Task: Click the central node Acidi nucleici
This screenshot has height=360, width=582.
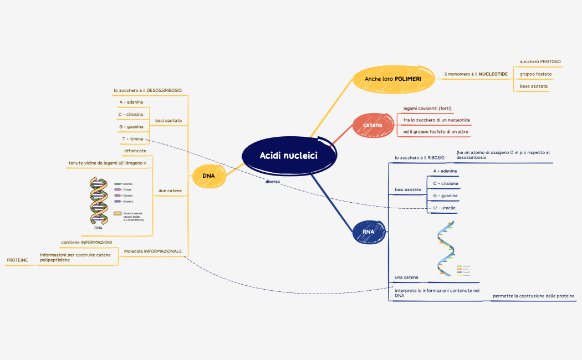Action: [289, 156]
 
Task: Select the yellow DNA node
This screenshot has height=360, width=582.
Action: [208, 176]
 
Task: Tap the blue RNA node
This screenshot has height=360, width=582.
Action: [368, 232]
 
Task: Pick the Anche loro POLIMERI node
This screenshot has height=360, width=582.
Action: [392, 79]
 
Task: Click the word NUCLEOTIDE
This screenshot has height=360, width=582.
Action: [493, 74]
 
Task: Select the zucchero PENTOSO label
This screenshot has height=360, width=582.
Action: [540, 61]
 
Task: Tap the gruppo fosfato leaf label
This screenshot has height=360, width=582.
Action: [535, 74]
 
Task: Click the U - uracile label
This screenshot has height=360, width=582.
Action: [445, 208]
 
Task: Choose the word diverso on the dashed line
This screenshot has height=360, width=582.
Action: [273, 181]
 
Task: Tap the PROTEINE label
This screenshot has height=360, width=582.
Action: [17, 260]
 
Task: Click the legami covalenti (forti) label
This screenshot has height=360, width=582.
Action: [424, 108]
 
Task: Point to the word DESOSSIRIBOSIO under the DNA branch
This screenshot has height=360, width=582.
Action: [164, 90]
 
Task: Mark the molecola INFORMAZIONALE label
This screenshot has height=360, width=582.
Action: [153, 251]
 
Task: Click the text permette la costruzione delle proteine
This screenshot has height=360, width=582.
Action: [534, 296]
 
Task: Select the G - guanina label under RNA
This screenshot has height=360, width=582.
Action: [445, 196]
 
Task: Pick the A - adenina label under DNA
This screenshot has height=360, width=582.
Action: [131, 102]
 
